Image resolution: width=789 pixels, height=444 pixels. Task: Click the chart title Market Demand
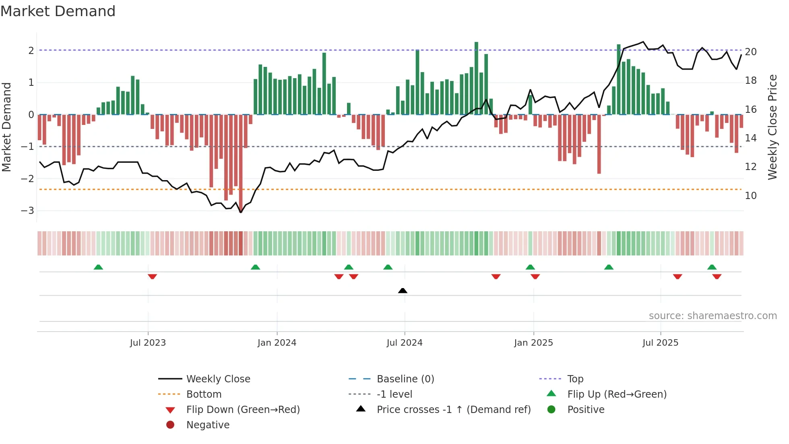point(58,11)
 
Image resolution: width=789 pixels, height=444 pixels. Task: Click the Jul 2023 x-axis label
point(148,343)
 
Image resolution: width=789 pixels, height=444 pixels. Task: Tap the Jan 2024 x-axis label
point(277,343)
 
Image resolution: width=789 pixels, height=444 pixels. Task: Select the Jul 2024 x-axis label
point(405,343)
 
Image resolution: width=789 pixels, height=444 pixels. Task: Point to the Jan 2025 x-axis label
point(533,343)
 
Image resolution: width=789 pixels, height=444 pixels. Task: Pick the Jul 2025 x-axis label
point(660,343)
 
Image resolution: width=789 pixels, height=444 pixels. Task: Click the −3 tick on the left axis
point(27,211)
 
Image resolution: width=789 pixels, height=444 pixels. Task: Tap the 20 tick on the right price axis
point(751,52)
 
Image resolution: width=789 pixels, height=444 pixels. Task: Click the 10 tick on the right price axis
point(751,196)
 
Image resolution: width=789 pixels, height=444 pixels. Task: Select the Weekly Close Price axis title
point(772,127)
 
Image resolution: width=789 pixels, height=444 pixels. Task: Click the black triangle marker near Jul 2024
point(403,290)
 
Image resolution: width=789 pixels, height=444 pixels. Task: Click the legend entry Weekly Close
point(218,379)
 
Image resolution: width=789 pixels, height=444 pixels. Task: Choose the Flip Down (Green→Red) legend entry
point(243,410)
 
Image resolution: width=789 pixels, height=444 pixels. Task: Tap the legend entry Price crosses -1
point(453,410)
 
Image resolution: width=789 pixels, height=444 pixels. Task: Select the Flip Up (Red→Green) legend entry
point(617,394)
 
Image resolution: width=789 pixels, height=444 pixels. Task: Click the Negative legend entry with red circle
point(208,425)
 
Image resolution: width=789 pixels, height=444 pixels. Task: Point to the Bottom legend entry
point(204,394)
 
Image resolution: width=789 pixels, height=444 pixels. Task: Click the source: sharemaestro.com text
point(713,316)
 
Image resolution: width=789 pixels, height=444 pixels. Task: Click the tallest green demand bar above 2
point(476,77)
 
